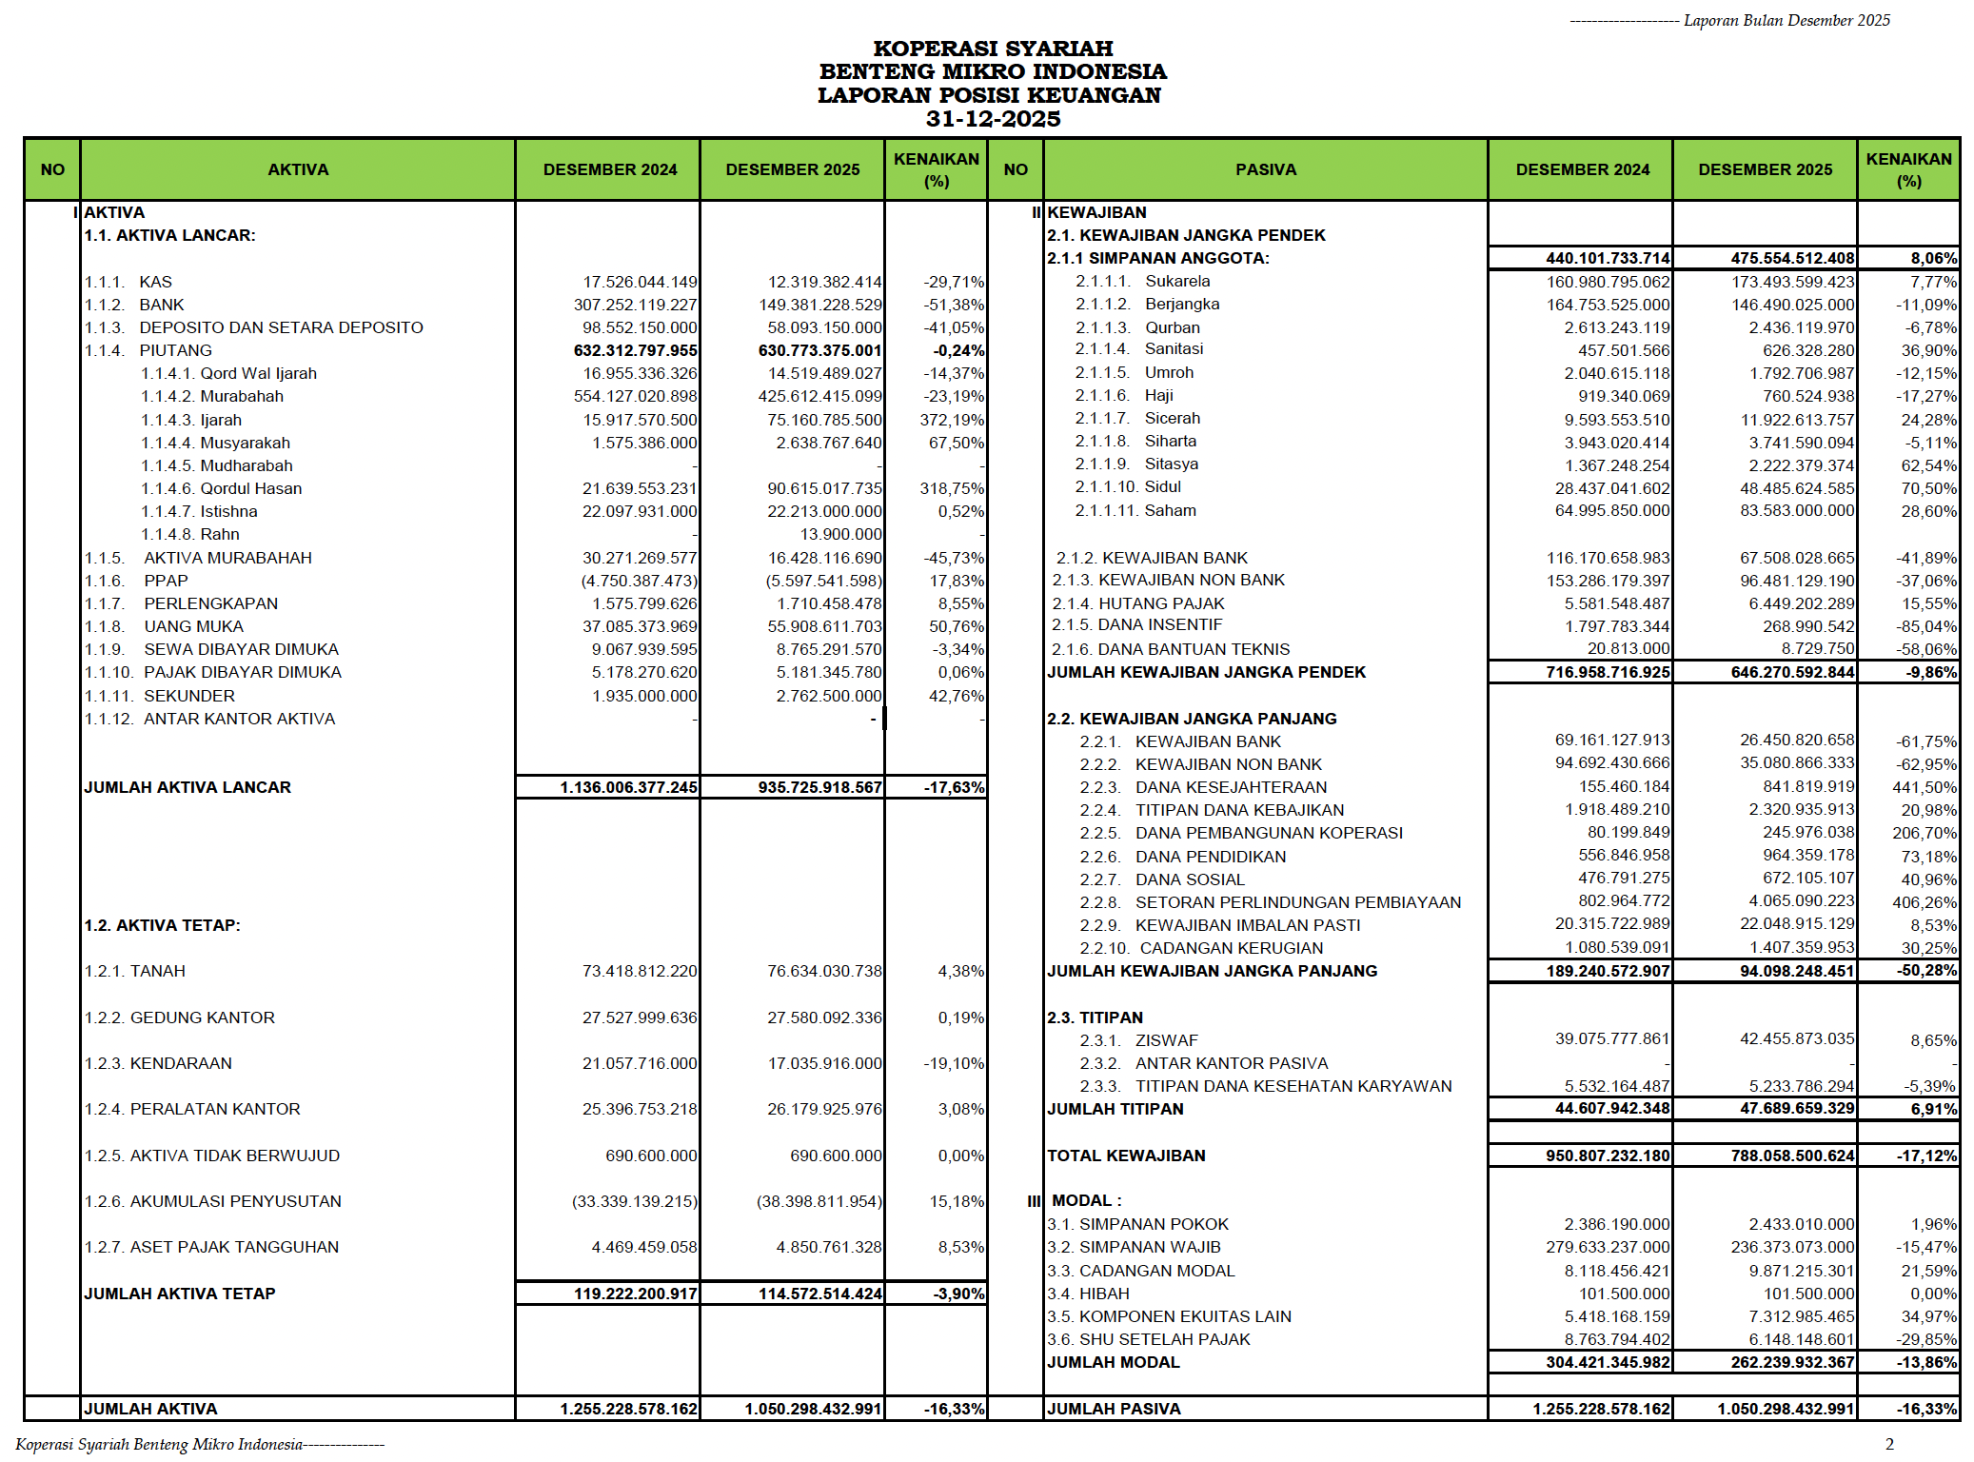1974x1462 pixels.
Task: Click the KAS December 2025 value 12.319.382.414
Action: pos(824,282)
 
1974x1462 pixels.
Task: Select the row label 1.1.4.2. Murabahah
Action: pos(212,396)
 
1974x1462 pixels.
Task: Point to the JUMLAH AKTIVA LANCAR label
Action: pos(188,787)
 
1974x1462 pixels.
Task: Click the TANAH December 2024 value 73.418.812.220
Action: pos(639,971)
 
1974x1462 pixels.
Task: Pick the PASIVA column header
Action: pos(1265,169)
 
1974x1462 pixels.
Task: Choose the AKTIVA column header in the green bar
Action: pos(298,169)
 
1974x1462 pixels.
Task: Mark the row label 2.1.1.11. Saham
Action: pos(1135,510)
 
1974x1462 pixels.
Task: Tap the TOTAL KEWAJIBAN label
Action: pos(1126,1156)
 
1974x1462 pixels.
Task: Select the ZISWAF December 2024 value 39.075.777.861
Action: pos(1611,1038)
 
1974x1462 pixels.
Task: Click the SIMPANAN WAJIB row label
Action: pos(1134,1247)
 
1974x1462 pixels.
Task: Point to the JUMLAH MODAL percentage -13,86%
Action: pos(1925,1362)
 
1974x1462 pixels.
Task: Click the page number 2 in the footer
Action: pos(1889,1444)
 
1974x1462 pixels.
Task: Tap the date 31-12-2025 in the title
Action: pos(993,119)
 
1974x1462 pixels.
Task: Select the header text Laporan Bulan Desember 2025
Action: pos(1786,20)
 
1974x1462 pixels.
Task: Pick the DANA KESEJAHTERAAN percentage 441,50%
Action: pos(1924,787)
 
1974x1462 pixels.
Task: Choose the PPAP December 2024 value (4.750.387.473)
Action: pos(639,581)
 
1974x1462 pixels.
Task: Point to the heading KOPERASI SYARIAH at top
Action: pos(993,49)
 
